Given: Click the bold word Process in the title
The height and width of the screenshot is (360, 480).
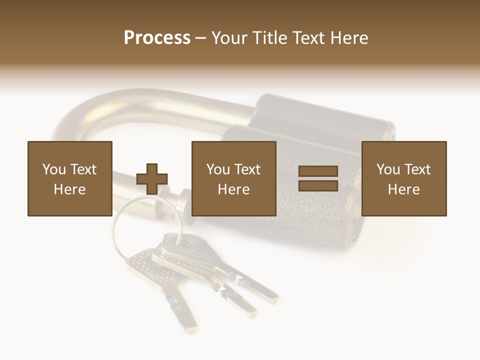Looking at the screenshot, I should (157, 38).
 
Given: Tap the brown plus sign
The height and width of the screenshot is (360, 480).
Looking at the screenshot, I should (152, 179).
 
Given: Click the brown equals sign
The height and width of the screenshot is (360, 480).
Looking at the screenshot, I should (318, 178).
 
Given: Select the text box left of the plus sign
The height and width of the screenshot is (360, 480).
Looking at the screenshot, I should (70, 178).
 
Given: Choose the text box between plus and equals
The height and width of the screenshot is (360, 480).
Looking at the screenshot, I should (234, 178).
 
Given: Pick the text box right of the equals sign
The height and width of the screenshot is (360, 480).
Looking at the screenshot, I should (404, 178).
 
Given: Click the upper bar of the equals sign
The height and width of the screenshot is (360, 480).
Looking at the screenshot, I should (318, 171).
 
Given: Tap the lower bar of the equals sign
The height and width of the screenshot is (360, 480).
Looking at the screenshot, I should (318, 185).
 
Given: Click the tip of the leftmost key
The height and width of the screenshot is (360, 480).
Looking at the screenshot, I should (190, 330).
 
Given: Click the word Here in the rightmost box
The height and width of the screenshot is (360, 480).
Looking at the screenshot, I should (404, 189).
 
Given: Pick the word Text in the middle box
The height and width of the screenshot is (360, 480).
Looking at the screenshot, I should (248, 169).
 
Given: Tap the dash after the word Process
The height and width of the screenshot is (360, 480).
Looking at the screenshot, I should (201, 38).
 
